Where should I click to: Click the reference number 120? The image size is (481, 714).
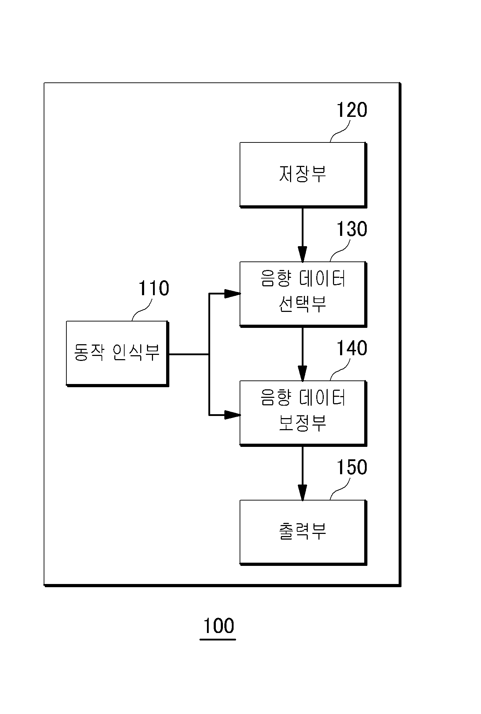click(351, 110)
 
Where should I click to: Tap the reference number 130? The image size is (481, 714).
click(351, 229)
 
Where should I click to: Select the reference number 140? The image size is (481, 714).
click(351, 348)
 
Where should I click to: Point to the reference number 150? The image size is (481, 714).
click(351, 467)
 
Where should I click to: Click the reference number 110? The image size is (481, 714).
click(153, 288)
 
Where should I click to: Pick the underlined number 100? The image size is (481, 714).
click(218, 626)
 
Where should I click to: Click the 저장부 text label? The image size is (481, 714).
click(302, 174)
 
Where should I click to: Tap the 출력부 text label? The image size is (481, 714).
click(302, 531)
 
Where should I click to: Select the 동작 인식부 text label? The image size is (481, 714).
click(117, 352)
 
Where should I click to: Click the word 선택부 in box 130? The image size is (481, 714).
click(302, 304)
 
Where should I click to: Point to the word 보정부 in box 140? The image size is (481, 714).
click(302, 423)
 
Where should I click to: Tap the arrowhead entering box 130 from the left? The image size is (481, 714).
click(233, 294)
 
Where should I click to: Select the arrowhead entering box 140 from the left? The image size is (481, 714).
click(233, 415)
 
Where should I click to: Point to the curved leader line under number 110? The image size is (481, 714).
click(142, 310)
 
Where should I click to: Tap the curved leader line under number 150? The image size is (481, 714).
click(340, 488)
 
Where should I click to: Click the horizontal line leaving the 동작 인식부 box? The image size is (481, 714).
click(188, 354)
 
